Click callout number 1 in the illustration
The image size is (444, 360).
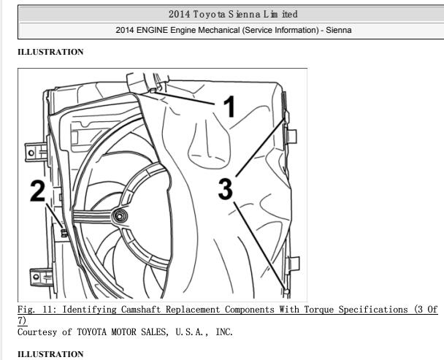coord(229,107)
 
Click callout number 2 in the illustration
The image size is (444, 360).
coord(38,191)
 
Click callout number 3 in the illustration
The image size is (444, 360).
coord(226,189)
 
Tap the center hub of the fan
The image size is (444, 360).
coord(120,216)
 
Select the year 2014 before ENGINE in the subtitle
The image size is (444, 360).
coord(125,30)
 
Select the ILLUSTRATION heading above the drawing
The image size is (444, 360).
coord(50,52)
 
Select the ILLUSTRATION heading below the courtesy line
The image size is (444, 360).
coord(50,354)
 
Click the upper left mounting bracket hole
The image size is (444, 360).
coord(31,153)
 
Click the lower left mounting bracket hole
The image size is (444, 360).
coord(36,277)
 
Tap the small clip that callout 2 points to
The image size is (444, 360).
coord(64,233)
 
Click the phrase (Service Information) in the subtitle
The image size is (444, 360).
coord(280,30)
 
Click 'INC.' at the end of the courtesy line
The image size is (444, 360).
coord(224,332)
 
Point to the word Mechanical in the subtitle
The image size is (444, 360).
coord(218,30)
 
